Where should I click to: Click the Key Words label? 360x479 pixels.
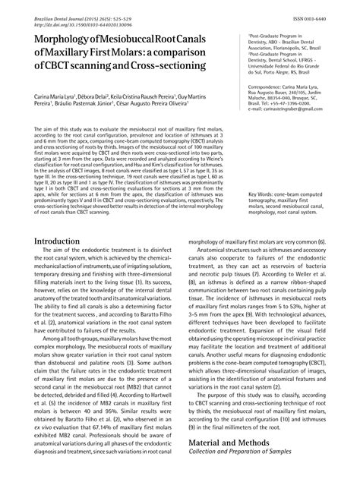[265, 173]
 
